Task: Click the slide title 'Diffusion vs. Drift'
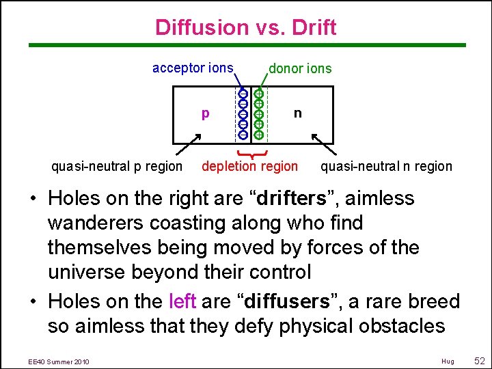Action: tap(246, 27)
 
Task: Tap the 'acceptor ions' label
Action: tap(193, 68)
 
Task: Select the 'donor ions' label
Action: tap(300, 68)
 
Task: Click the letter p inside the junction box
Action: tap(205, 113)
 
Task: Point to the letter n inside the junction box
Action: tap(297, 112)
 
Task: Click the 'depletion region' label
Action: tap(249, 166)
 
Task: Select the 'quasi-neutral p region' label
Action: tap(118, 166)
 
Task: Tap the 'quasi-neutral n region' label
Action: tap(386, 166)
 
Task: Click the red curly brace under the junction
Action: tap(250, 152)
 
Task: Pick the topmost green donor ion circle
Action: tap(259, 93)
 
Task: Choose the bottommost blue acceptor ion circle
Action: tap(243, 135)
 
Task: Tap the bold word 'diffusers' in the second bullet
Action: tap(315, 301)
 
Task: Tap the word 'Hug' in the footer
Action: tap(448, 361)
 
